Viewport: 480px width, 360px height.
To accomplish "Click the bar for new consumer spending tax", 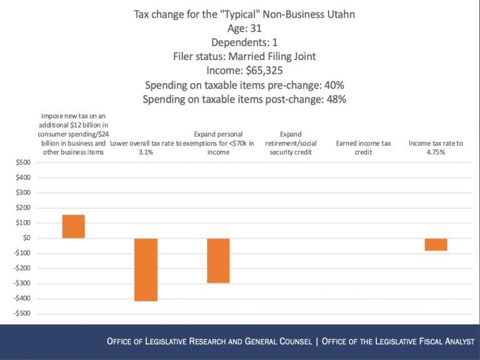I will coord(74,226).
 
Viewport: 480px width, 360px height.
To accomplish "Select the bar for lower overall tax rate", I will coord(146,269).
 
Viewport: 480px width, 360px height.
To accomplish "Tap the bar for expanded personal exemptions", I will coord(218,260).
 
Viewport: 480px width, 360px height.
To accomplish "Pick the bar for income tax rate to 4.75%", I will coord(436,244).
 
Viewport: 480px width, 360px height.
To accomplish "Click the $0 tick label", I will coord(26,238).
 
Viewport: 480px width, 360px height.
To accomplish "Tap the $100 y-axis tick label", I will coord(22,223).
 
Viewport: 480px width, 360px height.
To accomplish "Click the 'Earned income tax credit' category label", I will coord(363,147).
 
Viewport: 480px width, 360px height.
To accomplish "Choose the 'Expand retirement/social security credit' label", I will coord(291,143).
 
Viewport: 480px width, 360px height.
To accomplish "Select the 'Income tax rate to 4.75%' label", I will coord(436,147).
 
